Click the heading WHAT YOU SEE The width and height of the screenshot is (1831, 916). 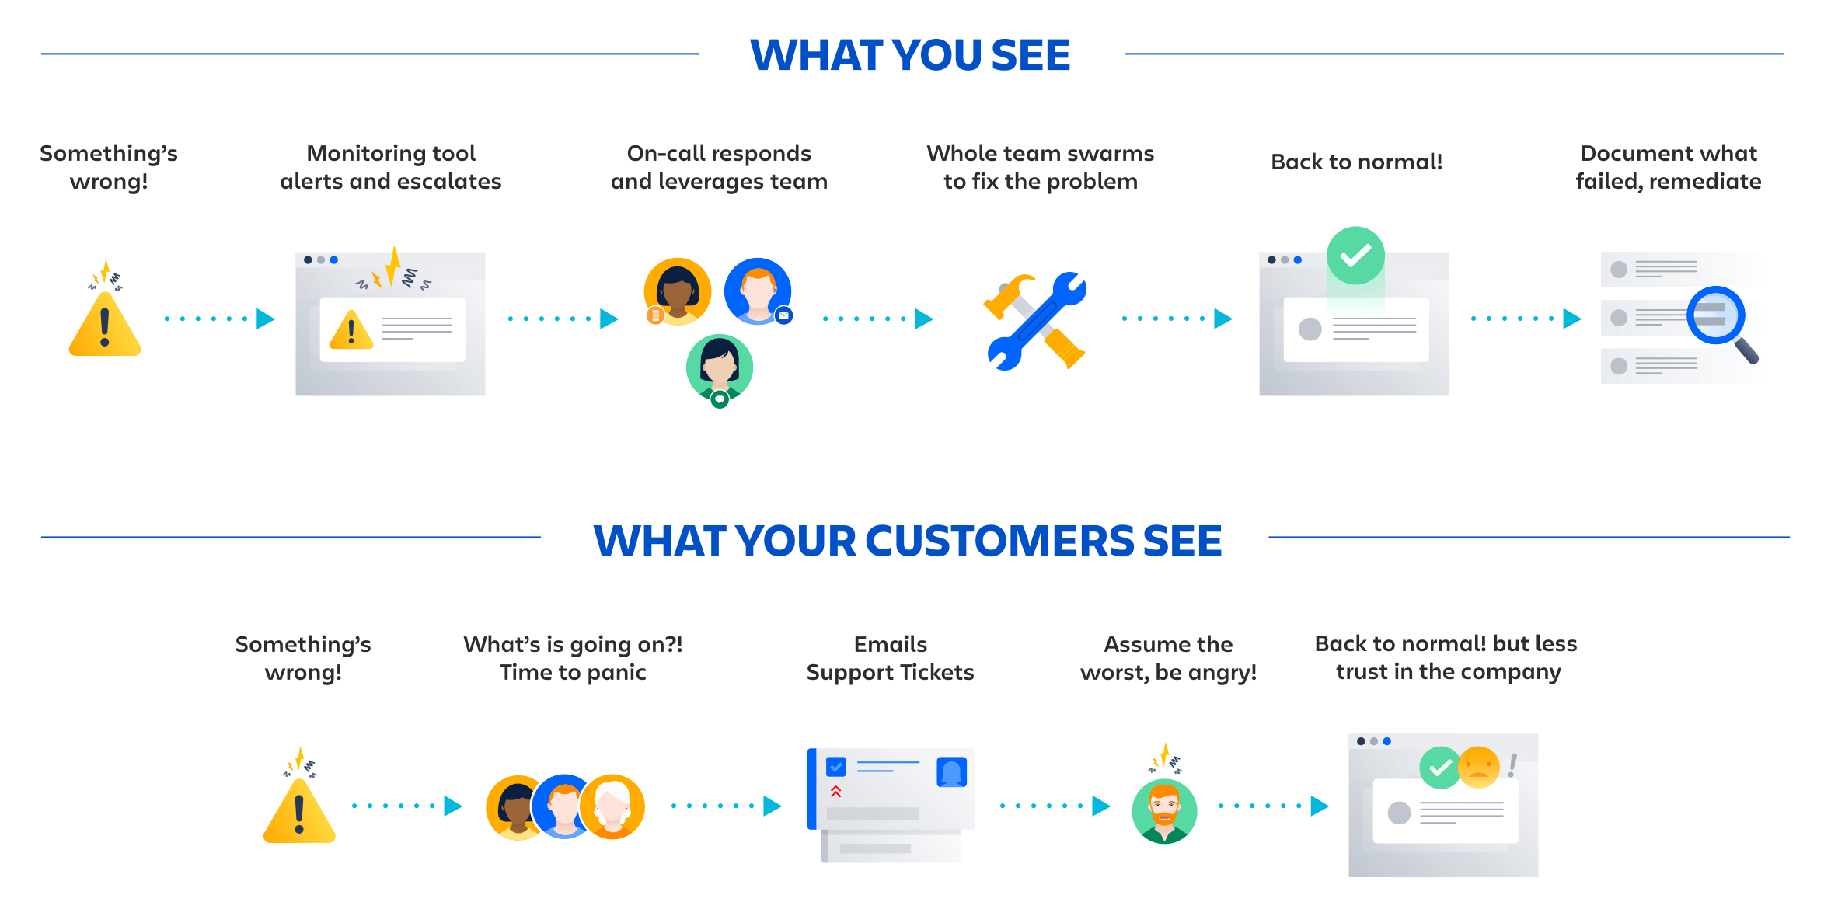click(910, 55)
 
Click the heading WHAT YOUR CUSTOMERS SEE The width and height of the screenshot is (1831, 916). click(907, 541)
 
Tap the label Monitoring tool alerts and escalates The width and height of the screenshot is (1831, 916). click(390, 167)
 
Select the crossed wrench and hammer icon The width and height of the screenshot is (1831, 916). click(1035, 321)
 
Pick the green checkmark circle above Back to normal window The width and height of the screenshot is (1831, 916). click(1355, 256)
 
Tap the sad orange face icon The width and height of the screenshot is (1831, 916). click(1478, 767)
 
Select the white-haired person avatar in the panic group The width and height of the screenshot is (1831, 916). click(612, 806)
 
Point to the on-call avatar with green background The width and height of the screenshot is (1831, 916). click(720, 367)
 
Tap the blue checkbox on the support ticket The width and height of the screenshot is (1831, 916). click(836, 767)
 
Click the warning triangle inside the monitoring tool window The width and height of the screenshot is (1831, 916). click(351, 330)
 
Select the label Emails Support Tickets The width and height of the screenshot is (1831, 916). click(890, 658)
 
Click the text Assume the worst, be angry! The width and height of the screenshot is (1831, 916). click(1168, 658)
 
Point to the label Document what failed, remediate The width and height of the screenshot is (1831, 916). click(1668, 167)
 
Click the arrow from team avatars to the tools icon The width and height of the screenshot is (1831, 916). click(878, 319)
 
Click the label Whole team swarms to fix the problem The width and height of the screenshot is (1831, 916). click(1040, 167)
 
